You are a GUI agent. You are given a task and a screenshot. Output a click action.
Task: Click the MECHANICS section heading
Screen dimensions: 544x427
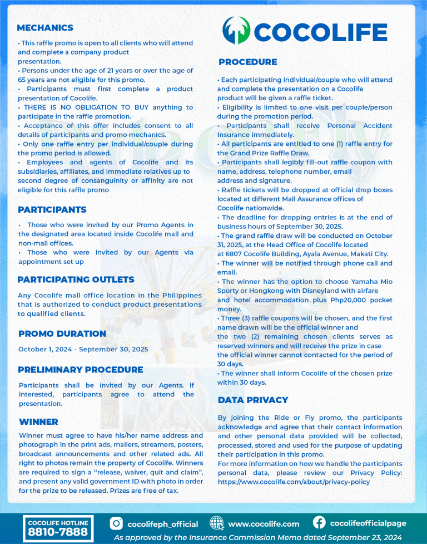45,28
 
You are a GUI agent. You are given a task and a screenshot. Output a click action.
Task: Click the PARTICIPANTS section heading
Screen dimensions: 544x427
52,210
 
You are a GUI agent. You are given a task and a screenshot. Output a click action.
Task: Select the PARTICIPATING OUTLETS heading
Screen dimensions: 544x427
76,280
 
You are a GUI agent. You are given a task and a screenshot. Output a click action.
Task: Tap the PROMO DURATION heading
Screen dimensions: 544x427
62,334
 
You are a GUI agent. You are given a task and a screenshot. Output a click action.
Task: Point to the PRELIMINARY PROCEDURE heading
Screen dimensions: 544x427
81,370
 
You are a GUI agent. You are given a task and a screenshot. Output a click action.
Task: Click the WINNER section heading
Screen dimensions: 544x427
38,422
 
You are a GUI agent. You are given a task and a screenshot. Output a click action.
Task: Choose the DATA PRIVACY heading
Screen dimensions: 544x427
253,400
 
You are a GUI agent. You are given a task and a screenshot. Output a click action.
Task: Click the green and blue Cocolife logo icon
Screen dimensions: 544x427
236,31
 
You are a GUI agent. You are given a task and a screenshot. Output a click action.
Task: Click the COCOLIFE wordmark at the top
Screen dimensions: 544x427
320,32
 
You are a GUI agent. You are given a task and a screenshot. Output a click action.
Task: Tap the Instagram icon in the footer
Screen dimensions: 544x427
116,523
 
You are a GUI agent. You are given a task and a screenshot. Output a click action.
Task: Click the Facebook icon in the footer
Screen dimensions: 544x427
319,523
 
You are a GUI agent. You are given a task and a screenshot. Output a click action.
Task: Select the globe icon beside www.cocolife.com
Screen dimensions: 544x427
217,523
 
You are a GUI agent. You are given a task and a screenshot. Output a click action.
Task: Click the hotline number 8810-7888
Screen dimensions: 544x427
58,532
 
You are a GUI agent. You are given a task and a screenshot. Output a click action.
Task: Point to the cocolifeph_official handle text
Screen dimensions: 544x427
162,524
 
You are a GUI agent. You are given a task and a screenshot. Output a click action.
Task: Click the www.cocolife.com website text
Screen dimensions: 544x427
264,524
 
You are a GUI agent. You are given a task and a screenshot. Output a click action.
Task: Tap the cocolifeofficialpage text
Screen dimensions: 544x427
368,523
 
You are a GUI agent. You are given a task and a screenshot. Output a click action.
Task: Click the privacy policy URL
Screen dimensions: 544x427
294,482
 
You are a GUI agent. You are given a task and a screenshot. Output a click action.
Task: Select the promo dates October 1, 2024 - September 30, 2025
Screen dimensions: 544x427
83,350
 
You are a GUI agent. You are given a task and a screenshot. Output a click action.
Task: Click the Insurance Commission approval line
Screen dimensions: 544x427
257,538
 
